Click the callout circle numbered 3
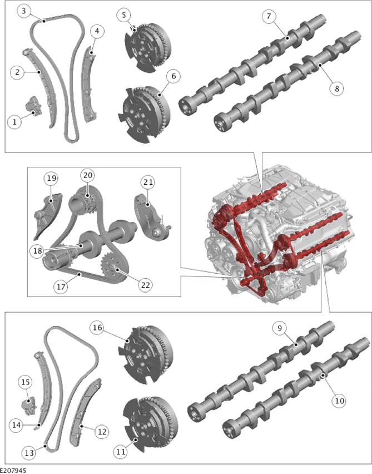(x=23, y=11)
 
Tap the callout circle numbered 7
(x=269, y=16)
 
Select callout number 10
(x=340, y=401)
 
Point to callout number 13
(x=29, y=452)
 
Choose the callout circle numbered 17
(x=61, y=286)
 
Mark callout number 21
(x=148, y=182)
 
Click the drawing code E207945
(x=13, y=471)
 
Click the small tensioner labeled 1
(x=32, y=106)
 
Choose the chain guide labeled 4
(x=89, y=85)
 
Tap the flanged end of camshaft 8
(x=220, y=123)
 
